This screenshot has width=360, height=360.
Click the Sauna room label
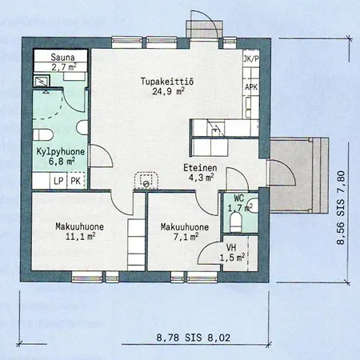pyautogui.click(x=62, y=57)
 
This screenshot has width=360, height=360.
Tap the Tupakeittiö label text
pyautogui.click(x=167, y=81)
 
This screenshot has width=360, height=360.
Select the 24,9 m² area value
pyautogui.click(x=169, y=91)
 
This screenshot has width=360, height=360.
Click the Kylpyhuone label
pyautogui.click(x=61, y=152)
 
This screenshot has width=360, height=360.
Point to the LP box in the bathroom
pyautogui.click(x=58, y=181)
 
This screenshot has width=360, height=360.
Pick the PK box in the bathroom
pyautogui.click(x=76, y=181)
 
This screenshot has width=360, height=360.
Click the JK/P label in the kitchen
pyautogui.click(x=251, y=59)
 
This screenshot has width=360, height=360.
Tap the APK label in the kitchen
pyautogui.click(x=251, y=87)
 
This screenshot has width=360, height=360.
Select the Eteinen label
pyautogui.click(x=200, y=168)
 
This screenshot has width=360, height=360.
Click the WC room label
pyautogui.click(x=239, y=198)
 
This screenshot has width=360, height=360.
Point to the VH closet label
pyautogui.click(x=231, y=247)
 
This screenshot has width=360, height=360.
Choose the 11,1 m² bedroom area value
pyautogui.click(x=81, y=236)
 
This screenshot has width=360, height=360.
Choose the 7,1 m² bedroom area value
pyautogui.click(x=186, y=237)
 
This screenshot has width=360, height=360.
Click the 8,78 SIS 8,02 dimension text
pyautogui.click(x=194, y=338)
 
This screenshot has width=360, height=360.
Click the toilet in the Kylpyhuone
pyautogui.click(x=43, y=134)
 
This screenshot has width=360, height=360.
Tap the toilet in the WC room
pyautogui.click(x=236, y=222)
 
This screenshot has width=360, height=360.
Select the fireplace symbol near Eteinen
pyautogui.click(x=146, y=181)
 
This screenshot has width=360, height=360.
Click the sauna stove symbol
pyautogui.click(x=42, y=81)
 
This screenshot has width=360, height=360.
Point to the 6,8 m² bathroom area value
pyautogui.click(x=61, y=162)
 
